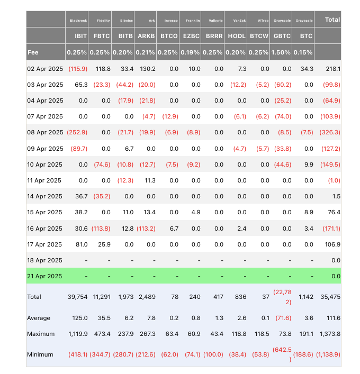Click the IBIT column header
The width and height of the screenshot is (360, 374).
pos(77,37)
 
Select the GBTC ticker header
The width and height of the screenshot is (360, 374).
pos(282,37)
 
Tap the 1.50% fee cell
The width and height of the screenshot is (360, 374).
pos(282,53)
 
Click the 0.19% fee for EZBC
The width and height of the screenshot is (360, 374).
pos(191,53)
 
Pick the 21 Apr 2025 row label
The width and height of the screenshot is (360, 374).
pos(44,276)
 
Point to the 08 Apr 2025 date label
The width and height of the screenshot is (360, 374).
pos(44,132)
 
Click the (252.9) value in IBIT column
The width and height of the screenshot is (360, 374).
pos(77,132)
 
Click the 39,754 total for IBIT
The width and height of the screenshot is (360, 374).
pos(77,297)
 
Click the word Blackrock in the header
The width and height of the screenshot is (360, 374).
pos(77,21)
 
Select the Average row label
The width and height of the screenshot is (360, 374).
pos(39,318)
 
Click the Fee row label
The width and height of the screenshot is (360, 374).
pos(33,53)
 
